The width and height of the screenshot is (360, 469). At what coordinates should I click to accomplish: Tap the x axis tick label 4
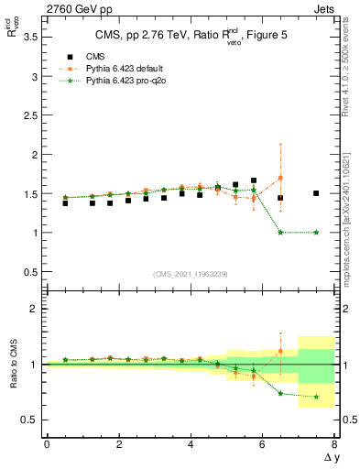coord(191,444)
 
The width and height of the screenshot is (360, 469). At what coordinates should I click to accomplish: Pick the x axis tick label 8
coord(334,444)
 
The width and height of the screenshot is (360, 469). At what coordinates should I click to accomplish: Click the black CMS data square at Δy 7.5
coord(316,193)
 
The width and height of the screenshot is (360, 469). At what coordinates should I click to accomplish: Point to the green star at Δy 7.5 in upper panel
coord(316,233)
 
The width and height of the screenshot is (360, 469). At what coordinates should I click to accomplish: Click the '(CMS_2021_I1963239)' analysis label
coord(190,274)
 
